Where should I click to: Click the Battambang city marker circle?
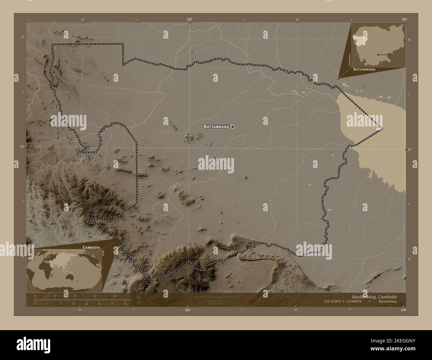coord(233,127)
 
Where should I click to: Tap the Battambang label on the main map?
coord(216,127)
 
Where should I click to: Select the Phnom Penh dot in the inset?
coord(378,54)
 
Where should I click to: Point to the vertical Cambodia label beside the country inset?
coord(349,60)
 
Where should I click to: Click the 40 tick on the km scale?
coord(115,296)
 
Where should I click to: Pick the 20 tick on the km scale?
coord(75,296)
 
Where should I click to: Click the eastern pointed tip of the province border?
coord(382,128)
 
